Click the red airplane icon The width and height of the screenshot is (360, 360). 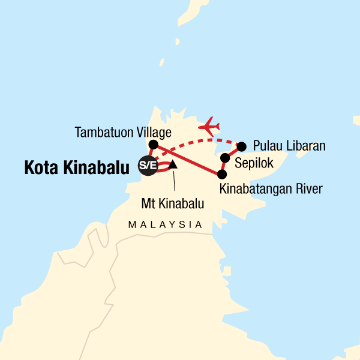pos(211,126)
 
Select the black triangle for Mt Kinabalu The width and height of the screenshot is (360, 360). pos(172,164)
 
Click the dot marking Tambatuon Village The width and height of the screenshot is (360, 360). pos(153,145)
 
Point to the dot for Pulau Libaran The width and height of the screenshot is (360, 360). pos(242,146)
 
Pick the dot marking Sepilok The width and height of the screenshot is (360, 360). pos(225,158)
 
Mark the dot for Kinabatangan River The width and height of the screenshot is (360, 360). pos(221,175)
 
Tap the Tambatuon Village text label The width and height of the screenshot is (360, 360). pos(124,132)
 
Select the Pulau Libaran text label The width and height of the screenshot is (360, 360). pos(289,146)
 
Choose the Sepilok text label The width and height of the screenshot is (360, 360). pos(253,162)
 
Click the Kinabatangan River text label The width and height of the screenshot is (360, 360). pos(271,190)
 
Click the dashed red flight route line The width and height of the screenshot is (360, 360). pos(186,145)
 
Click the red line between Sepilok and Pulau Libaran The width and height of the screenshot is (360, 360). pos(233,152)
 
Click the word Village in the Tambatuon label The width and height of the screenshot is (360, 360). pos(153,132)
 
